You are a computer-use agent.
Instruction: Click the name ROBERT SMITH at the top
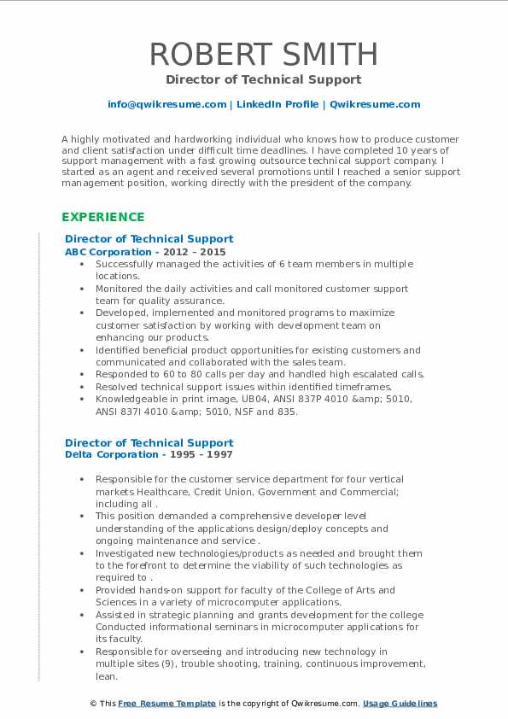263,54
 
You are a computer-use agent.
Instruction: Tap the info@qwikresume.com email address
167,104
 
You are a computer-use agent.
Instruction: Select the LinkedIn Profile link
277,104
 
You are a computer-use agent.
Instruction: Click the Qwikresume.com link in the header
375,104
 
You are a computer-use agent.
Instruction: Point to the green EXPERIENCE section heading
103,217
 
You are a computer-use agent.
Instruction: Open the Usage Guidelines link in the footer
400,704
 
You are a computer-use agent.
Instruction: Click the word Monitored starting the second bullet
120,289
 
